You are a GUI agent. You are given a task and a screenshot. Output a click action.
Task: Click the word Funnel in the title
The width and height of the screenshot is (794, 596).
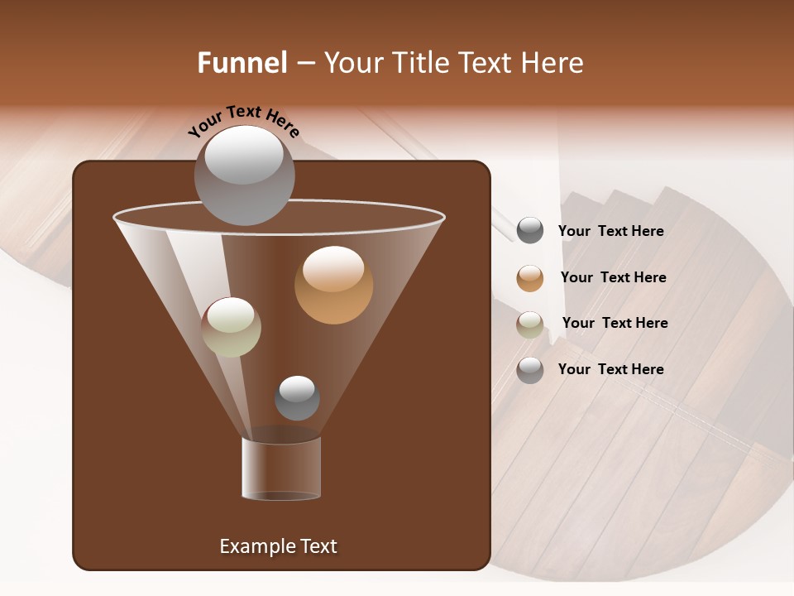(242, 63)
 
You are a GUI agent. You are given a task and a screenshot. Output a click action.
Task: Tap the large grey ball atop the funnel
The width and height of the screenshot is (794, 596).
(244, 175)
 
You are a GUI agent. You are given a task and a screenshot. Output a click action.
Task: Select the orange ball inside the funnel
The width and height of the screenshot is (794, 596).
(333, 285)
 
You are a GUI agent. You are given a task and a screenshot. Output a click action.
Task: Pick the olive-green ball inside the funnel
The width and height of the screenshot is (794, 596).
(232, 327)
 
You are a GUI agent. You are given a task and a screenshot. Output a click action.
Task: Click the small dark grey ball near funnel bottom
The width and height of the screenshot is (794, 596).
(297, 398)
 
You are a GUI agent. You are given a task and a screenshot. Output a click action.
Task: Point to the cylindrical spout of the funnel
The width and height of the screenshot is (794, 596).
(281, 469)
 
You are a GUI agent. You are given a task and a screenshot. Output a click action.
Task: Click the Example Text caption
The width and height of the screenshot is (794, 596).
(278, 546)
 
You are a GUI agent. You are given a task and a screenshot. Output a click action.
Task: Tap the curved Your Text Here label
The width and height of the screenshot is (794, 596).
(243, 121)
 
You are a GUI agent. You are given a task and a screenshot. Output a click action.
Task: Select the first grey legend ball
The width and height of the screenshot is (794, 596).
(530, 231)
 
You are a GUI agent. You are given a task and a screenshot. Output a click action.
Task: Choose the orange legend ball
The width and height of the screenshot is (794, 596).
(530, 278)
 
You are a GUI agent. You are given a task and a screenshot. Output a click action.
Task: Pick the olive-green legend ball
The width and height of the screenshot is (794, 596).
(530, 324)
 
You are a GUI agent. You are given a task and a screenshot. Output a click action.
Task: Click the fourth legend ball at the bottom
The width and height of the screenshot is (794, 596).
(530, 370)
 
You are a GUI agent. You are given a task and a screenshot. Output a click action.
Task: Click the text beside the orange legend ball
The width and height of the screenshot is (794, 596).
(613, 277)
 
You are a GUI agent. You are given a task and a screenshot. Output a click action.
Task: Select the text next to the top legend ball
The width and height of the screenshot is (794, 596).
(610, 231)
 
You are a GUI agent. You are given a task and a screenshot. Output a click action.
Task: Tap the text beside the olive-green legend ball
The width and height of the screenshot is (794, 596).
(615, 323)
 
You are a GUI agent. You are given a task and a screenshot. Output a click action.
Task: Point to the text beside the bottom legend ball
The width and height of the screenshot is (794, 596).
(610, 369)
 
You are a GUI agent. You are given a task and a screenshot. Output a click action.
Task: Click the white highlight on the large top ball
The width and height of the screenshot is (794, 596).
(244, 155)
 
